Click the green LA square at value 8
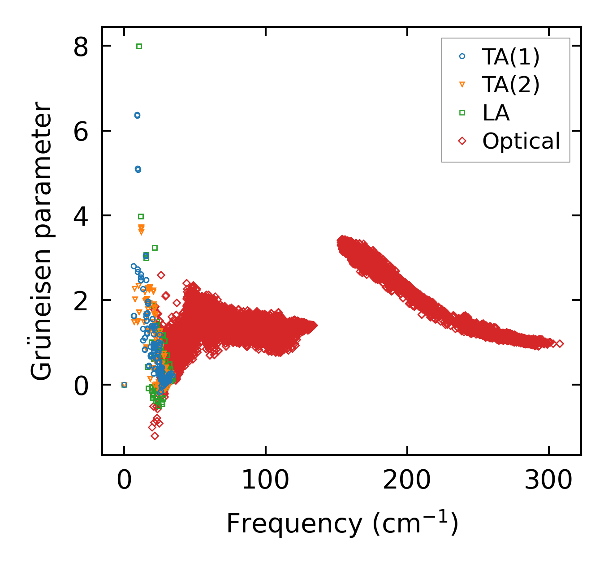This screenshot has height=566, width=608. point(139,46)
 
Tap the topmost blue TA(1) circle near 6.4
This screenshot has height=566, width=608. point(137,115)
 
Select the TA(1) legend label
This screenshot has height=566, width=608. point(511,57)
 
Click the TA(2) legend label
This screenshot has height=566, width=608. point(511,85)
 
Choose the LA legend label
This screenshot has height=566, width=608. point(496,113)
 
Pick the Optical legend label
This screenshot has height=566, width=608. point(521,141)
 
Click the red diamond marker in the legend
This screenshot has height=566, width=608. point(462,141)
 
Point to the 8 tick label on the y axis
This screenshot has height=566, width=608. point(81,47)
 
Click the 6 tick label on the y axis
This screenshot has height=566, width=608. point(81,131)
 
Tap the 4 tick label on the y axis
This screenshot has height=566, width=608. point(81,216)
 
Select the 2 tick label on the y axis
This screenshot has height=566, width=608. point(81,300)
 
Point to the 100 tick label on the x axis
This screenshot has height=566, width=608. point(265,480)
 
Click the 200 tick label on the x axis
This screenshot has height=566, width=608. point(407,480)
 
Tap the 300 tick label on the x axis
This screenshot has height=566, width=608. point(548,480)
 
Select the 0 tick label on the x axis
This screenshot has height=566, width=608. point(124,480)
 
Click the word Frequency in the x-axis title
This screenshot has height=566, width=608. point(294,523)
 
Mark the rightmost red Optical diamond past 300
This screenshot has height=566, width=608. point(560,344)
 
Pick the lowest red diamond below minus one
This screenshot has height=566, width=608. point(155,436)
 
